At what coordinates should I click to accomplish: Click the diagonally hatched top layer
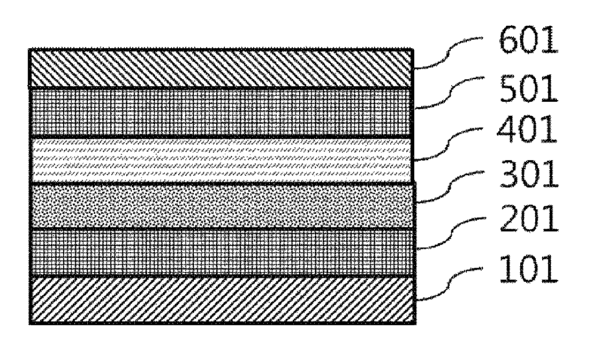(221, 68)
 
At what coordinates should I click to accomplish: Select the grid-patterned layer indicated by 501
(221, 112)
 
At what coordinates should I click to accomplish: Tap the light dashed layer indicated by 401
(221, 160)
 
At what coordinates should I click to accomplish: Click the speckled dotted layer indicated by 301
(221, 206)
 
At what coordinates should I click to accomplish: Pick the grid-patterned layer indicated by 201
(221, 252)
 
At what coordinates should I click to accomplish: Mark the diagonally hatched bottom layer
(221, 300)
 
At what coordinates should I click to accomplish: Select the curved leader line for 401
(450, 142)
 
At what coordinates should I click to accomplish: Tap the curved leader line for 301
(450, 187)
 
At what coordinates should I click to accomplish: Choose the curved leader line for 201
(450, 233)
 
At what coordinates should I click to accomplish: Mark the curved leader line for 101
(450, 284)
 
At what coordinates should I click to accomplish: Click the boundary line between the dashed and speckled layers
(221, 183)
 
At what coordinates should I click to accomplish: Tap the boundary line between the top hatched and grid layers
(221, 88)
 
